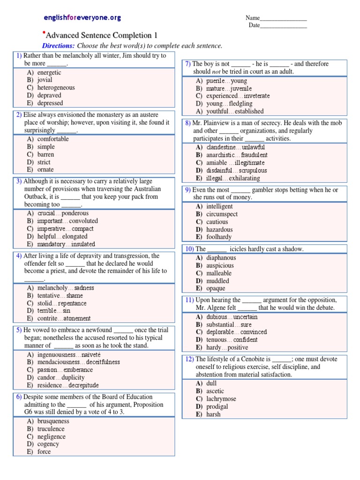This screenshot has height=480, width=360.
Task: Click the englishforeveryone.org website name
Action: (82, 18)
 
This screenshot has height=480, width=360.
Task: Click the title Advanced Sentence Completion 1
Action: (102, 36)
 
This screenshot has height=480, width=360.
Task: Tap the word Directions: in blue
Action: (58, 46)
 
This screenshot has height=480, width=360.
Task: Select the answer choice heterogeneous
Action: (56, 88)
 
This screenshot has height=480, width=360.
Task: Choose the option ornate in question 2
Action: (45, 170)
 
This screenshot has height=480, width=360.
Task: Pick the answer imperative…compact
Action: (65, 229)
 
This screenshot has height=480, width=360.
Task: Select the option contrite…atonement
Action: (64, 319)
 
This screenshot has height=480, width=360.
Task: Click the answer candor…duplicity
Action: (61, 377)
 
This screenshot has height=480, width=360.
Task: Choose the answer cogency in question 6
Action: (48, 444)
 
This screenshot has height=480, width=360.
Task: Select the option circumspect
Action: (222, 214)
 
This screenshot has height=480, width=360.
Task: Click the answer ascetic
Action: (215, 391)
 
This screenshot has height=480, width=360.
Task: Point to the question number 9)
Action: (187, 190)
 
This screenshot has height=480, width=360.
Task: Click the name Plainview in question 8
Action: (219, 123)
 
